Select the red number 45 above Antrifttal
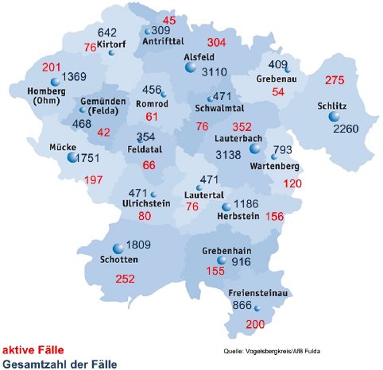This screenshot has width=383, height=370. pyautogui.click(x=169, y=19)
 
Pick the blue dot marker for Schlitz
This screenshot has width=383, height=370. pyautogui.click(x=333, y=117)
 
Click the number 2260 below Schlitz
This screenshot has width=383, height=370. pyautogui.click(x=347, y=129)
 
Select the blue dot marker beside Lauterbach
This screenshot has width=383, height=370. pyautogui.click(x=255, y=148)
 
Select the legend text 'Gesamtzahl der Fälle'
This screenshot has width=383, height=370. pyautogui.click(x=60, y=364)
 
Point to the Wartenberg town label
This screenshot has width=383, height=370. pyautogui.click(x=273, y=168)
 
